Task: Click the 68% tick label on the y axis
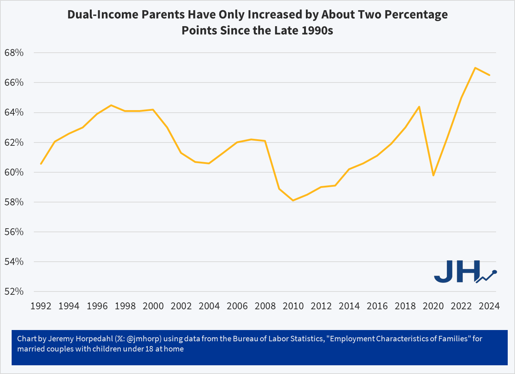[x=14, y=53]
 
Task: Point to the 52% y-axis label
[x=14, y=291]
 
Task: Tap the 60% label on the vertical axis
[x=14, y=172]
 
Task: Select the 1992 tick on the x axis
[x=41, y=306]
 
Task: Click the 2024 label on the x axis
[x=489, y=306]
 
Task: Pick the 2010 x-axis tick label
[x=293, y=306]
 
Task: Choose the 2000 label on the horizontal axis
[x=153, y=306]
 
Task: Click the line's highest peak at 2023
[x=475, y=68]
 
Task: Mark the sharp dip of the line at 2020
[x=433, y=175]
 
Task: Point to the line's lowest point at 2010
[x=293, y=200]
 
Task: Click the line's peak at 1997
[x=111, y=105]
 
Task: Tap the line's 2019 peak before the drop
[x=419, y=106]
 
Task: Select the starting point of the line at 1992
[x=41, y=164]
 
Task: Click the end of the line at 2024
[x=489, y=75]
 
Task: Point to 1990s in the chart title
[x=317, y=30]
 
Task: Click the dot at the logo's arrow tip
[x=495, y=272]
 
